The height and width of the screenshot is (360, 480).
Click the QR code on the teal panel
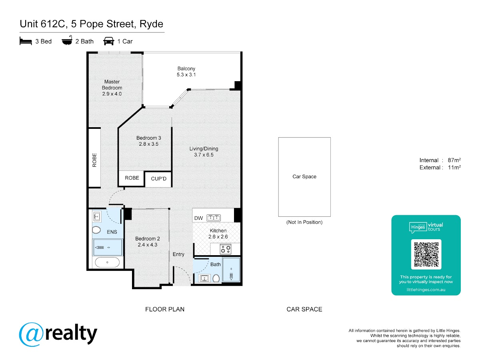point(426,254)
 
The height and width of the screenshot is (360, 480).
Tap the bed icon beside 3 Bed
point(26,41)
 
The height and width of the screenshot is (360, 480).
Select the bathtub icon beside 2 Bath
point(67,40)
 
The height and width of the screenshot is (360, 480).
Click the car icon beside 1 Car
point(109,41)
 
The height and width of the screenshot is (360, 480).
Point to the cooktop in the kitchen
point(226,249)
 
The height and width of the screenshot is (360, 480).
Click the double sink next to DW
point(214,218)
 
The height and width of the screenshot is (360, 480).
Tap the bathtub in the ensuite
point(107,262)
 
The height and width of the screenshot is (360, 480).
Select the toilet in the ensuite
point(96,230)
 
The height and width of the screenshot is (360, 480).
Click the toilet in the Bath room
point(216,278)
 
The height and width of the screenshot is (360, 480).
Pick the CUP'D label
point(158,178)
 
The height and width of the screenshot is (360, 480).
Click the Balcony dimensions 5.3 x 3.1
point(186,74)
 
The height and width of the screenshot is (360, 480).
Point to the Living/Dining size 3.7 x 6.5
point(204,155)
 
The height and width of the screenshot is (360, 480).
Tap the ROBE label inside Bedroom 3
point(132,178)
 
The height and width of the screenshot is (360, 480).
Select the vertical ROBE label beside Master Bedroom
point(94,160)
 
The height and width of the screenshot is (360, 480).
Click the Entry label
point(178,254)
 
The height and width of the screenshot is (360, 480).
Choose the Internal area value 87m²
point(454,160)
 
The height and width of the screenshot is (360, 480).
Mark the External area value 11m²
point(454,168)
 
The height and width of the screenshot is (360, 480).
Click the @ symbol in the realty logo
point(31,334)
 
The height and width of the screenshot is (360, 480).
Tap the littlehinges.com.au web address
point(426,290)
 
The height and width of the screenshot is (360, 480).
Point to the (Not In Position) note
point(304,222)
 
